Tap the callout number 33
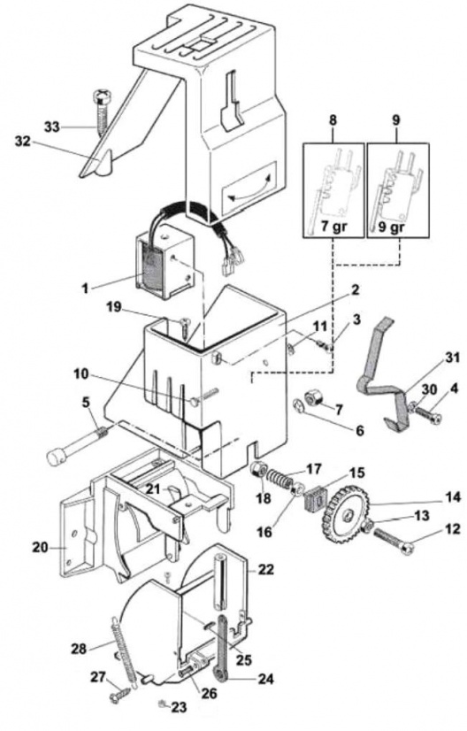tap(51, 126)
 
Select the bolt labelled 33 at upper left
tap(101, 111)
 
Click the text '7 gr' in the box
tap(333, 227)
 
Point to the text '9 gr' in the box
tap(397, 227)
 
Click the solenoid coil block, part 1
tap(164, 265)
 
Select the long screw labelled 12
tap(394, 541)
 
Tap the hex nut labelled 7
tap(311, 397)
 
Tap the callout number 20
tap(40, 546)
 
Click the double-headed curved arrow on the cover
tap(249, 188)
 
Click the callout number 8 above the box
tap(333, 119)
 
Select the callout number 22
tap(266, 569)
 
